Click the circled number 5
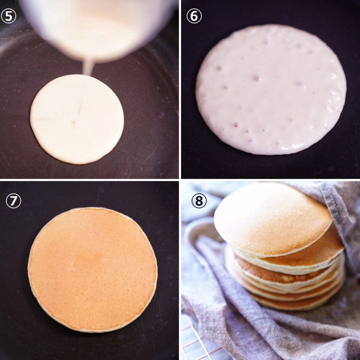(8, 16)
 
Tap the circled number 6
(194, 16)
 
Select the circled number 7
(13, 201)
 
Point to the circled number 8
(199, 201)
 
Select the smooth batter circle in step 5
(77, 119)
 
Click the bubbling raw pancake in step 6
(271, 90)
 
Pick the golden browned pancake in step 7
(92, 270)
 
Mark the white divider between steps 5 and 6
(180, 89)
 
